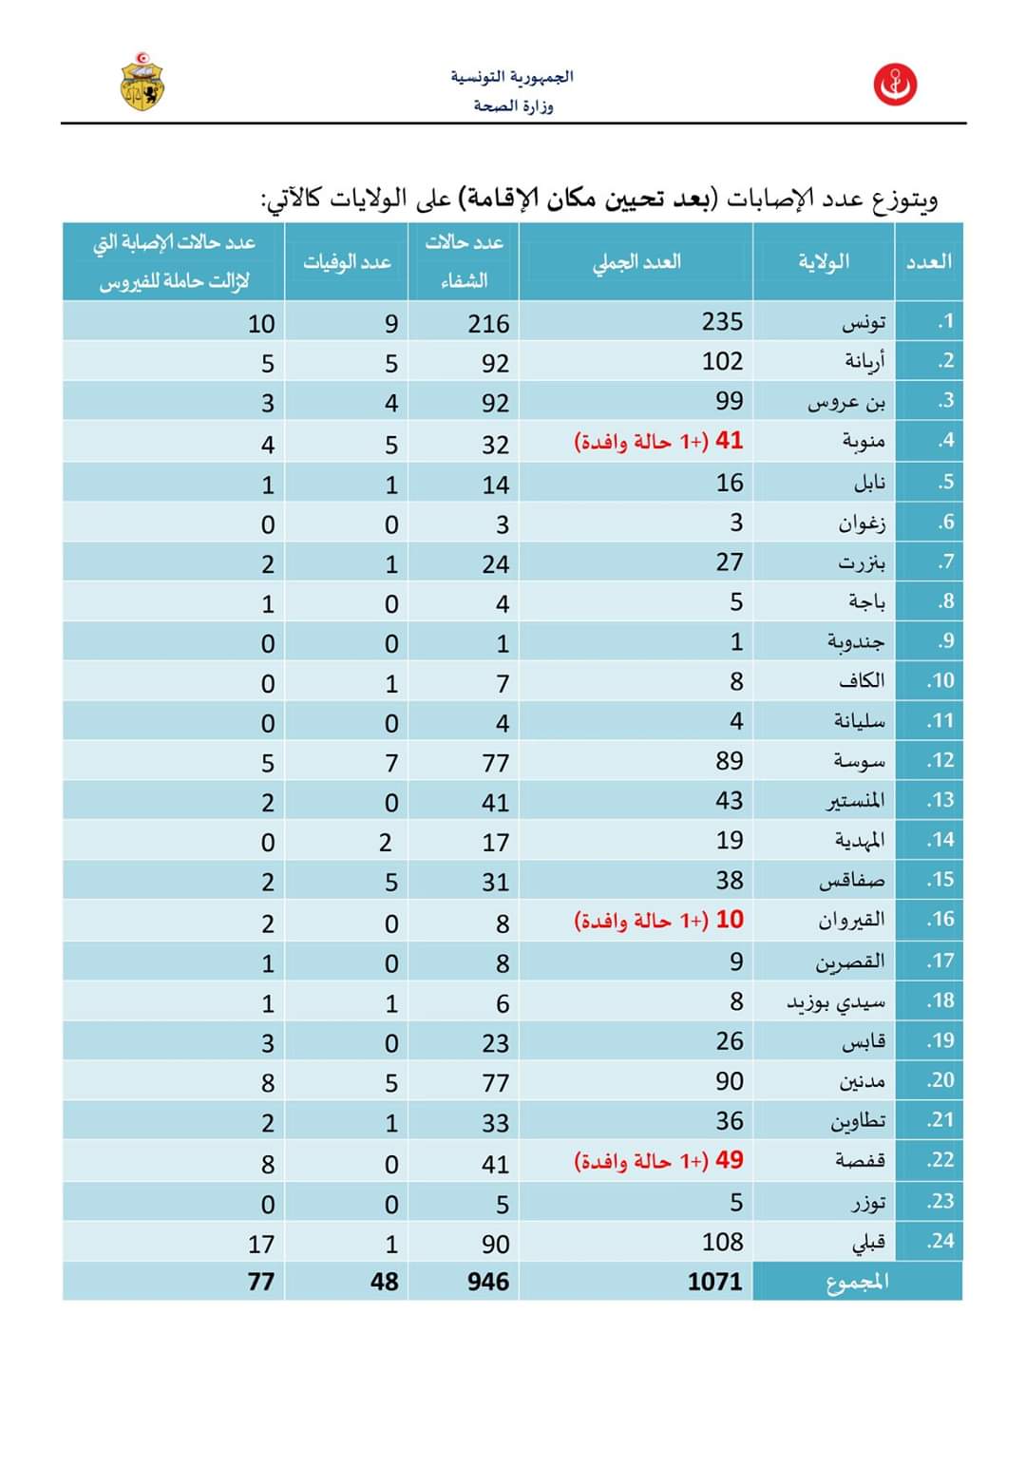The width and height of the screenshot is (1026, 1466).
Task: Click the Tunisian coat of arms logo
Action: pyautogui.click(x=142, y=82)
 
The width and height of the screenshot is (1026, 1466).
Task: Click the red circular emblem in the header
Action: pyautogui.click(x=895, y=86)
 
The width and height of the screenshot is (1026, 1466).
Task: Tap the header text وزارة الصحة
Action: pyautogui.click(x=513, y=105)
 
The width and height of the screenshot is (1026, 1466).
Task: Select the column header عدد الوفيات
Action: pyautogui.click(x=347, y=262)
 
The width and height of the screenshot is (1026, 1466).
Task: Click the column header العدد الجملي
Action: pyautogui.click(x=636, y=262)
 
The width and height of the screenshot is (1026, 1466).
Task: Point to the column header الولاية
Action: pyautogui.click(x=824, y=262)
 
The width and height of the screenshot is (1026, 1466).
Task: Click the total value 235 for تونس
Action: pyautogui.click(x=722, y=322)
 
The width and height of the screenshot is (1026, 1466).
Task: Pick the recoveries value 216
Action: pyautogui.click(x=488, y=324)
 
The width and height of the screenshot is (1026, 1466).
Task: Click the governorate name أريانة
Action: pyautogui.click(x=864, y=362)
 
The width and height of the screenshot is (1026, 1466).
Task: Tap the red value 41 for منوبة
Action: pyautogui.click(x=729, y=441)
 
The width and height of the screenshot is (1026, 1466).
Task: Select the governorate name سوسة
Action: pyautogui.click(x=859, y=761)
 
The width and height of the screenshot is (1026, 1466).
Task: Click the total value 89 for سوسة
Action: pyautogui.click(x=730, y=761)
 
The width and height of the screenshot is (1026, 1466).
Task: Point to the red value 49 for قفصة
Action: pyautogui.click(x=729, y=1160)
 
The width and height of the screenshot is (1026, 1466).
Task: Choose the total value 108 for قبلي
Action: pyautogui.click(x=722, y=1242)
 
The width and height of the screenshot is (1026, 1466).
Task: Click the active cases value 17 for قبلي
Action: pyautogui.click(x=260, y=1244)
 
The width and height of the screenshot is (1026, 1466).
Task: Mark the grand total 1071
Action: pyautogui.click(x=714, y=1282)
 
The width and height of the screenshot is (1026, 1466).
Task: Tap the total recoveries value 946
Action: pyautogui.click(x=488, y=1282)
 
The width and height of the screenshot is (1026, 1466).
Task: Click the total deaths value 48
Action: pyautogui.click(x=384, y=1282)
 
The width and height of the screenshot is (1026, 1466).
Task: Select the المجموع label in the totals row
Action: pyautogui.click(x=857, y=1282)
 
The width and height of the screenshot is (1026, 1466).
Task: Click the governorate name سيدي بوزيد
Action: pyautogui.click(x=836, y=1001)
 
